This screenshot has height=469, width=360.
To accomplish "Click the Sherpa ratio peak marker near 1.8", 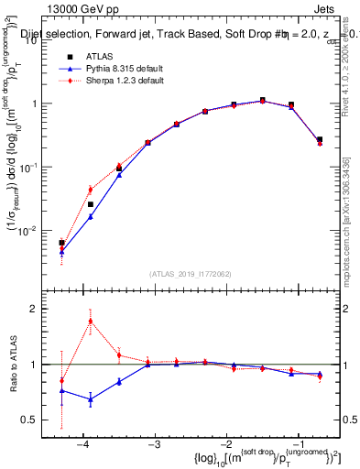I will pos(91,321).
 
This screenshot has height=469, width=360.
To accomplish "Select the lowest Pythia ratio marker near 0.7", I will pos(91,399).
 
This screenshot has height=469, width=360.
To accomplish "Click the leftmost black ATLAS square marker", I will pos(61,243).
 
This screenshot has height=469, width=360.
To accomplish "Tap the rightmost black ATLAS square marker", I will pos(320,139).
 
